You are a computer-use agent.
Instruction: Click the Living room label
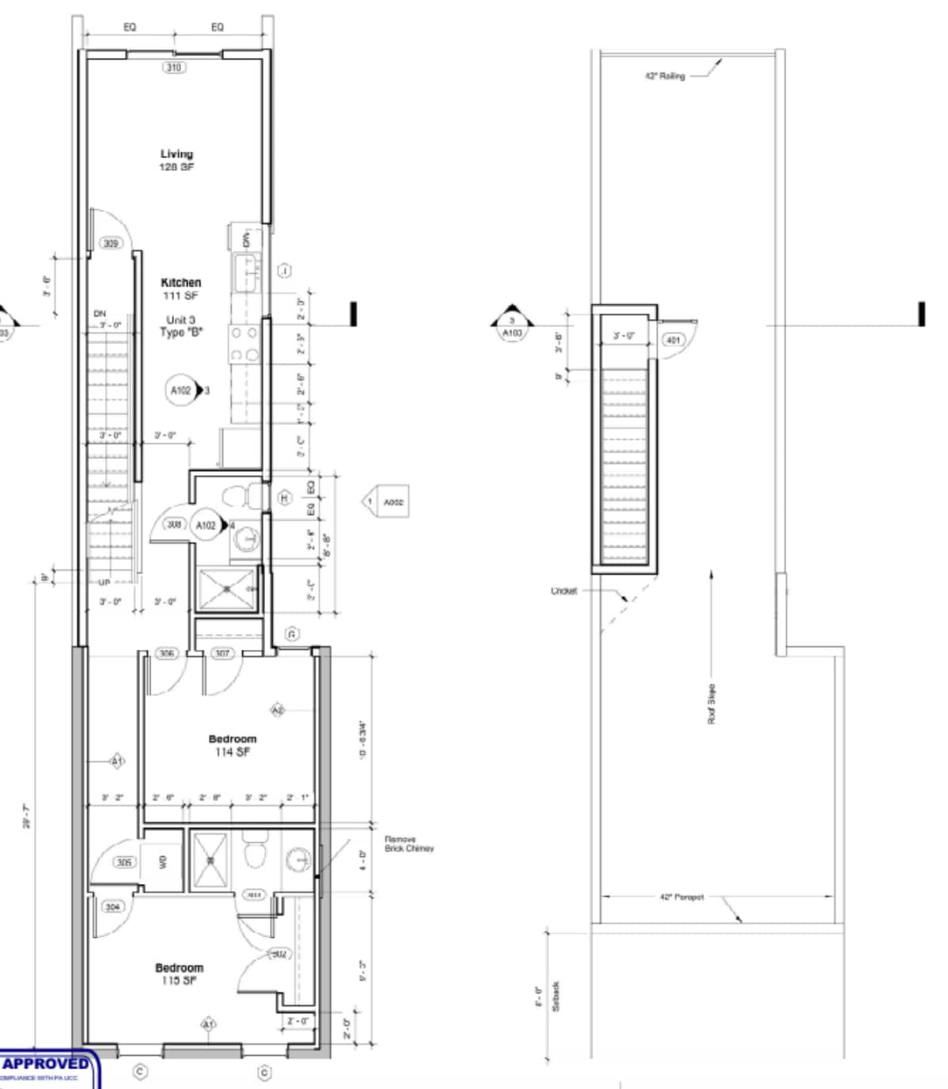(x=176, y=160)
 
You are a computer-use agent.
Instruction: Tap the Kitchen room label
(x=180, y=288)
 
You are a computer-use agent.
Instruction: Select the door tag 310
(x=173, y=67)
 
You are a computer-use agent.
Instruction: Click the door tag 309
(x=111, y=243)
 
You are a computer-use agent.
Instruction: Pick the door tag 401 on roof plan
(x=673, y=340)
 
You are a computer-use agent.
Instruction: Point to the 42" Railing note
(x=665, y=76)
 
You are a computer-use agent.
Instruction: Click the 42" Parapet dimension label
(x=681, y=897)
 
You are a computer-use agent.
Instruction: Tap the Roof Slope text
(x=711, y=704)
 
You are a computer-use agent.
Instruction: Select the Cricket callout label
(x=563, y=590)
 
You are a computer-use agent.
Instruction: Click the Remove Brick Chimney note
(x=408, y=844)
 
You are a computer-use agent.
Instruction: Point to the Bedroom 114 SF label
(x=232, y=745)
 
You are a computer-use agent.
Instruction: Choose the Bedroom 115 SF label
(x=179, y=973)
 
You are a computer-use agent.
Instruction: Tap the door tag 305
(x=124, y=862)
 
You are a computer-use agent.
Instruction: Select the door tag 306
(x=166, y=654)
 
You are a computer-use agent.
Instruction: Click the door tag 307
(x=222, y=654)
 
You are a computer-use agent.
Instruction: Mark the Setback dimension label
(x=556, y=996)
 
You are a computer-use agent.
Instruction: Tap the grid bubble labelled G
(x=292, y=634)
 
